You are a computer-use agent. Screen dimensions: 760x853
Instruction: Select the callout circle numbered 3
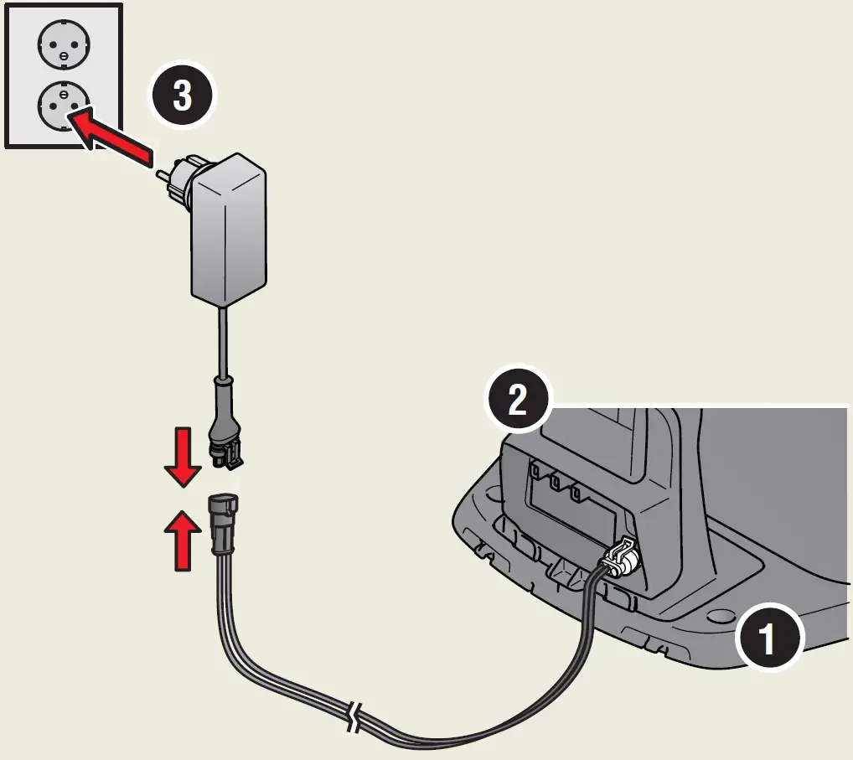(182, 97)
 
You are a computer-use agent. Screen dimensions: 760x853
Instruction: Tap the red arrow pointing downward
(182, 458)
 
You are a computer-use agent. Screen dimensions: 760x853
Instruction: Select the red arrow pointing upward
(182, 541)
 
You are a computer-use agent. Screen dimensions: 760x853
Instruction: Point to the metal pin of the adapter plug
(163, 177)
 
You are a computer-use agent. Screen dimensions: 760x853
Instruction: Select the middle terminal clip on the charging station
(554, 483)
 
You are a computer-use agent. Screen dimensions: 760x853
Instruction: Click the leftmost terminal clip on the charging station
(533, 475)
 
